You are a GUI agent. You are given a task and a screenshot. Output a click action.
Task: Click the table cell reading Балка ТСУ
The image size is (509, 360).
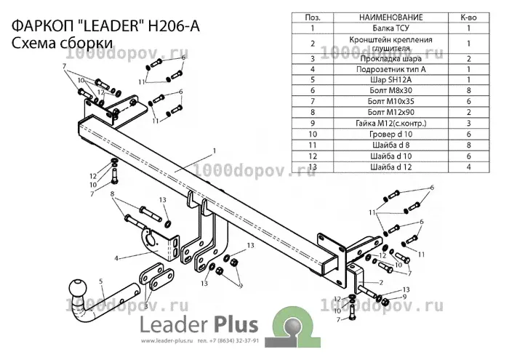click(x=391, y=28)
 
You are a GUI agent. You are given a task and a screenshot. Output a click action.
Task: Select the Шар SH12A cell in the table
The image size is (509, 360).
click(x=391, y=79)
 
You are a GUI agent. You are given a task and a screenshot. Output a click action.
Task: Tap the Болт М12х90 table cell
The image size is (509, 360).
click(x=391, y=112)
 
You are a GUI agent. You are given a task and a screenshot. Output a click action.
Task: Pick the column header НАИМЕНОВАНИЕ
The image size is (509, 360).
click(x=391, y=17)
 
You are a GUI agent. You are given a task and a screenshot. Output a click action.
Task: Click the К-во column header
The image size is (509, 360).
click(x=468, y=17)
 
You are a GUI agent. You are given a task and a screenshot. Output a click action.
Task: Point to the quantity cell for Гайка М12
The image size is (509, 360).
click(x=468, y=124)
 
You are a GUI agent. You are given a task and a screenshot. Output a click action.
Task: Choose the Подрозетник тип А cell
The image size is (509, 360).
click(x=391, y=69)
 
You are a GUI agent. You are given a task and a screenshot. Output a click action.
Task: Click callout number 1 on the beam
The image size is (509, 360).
click(x=215, y=151)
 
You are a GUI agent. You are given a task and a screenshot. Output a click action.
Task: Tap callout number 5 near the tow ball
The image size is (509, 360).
click(x=101, y=281)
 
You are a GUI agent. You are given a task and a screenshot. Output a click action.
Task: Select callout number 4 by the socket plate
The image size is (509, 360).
click(x=116, y=258)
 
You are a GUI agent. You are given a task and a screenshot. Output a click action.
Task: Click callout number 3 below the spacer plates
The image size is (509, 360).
click(x=146, y=306)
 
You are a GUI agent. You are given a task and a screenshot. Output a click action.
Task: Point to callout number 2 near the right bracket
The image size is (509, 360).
click(x=381, y=282)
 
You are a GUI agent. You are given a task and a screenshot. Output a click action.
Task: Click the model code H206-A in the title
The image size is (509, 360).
click(x=174, y=26)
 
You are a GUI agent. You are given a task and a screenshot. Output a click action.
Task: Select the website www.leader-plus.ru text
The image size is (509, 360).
click(x=167, y=341)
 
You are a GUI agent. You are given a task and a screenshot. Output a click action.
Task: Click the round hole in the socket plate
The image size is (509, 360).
click(x=151, y=239)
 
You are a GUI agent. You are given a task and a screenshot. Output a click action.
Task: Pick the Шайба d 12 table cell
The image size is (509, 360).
click(x=391, y=167)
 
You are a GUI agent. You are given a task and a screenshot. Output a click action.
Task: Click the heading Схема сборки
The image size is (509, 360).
click(x=62, y=43)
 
